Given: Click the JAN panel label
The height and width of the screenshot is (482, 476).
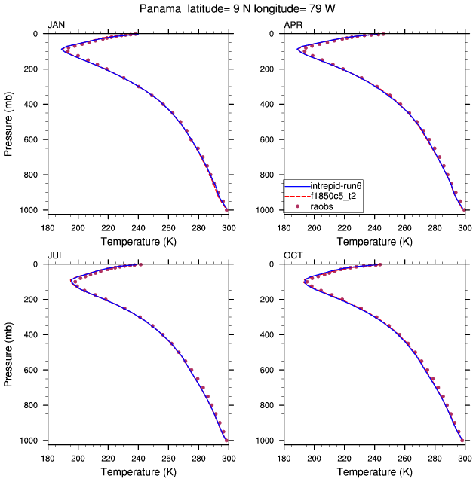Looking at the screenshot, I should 56,25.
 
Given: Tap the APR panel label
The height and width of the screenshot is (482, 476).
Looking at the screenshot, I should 293,25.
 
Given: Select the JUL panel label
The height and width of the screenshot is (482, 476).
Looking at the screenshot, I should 56,255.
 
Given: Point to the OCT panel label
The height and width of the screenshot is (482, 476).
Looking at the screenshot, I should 293,255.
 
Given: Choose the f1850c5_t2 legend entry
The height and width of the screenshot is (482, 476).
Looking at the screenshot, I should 337,195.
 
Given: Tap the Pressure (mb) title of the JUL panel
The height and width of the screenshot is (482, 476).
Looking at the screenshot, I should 8,352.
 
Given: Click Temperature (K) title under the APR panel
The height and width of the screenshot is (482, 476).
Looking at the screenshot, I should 375,241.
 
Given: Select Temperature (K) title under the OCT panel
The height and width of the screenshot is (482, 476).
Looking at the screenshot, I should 375,471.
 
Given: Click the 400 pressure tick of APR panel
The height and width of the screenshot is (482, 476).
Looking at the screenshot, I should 269,105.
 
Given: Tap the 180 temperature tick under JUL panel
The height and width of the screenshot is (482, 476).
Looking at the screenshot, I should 47,456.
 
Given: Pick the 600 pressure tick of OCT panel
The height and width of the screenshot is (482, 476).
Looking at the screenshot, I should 269,371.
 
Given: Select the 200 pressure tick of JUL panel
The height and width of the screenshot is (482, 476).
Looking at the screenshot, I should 32,300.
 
